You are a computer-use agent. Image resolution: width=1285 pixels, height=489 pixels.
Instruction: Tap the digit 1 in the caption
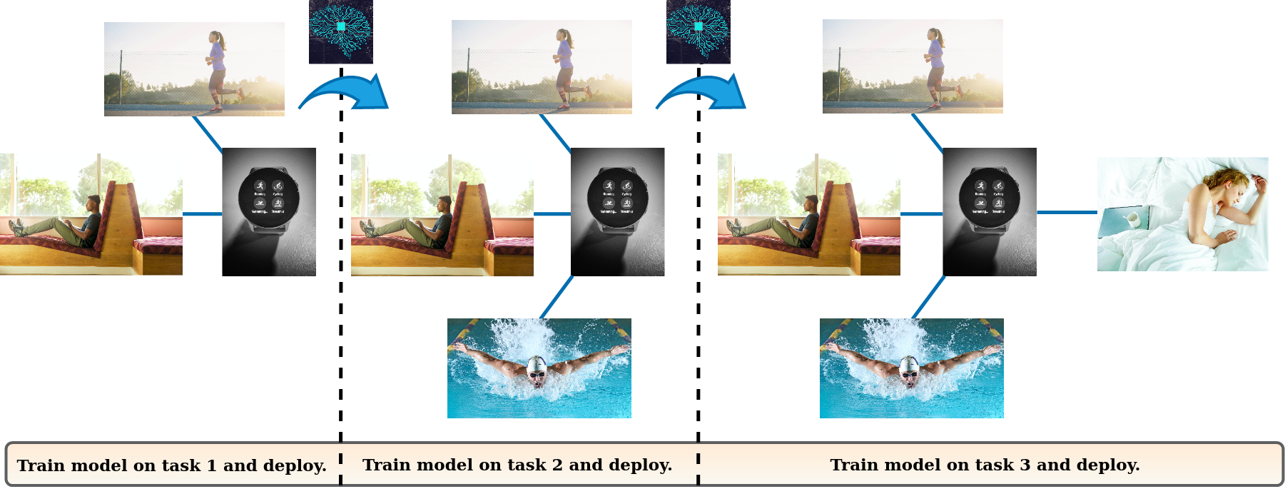[x=211, y=466]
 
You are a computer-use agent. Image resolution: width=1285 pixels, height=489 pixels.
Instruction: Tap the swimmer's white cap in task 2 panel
[x=536, y=365]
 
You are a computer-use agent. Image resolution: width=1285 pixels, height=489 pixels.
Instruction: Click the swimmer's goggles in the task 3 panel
[x=909, y=373]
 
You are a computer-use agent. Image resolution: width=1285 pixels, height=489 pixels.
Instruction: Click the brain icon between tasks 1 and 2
[x=340, y=30]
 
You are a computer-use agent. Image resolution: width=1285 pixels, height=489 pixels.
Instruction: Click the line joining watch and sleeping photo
[x=1067, y=212]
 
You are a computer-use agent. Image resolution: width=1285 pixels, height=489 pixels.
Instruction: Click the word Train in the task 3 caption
[x=853, y=465]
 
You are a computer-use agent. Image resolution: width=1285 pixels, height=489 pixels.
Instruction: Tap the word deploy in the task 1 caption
[x=296, y=466]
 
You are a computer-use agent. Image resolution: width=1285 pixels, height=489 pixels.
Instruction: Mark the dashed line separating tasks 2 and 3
[x=699, y=286]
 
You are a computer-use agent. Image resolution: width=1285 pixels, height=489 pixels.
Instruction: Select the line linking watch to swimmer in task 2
[x=557, y=297]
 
